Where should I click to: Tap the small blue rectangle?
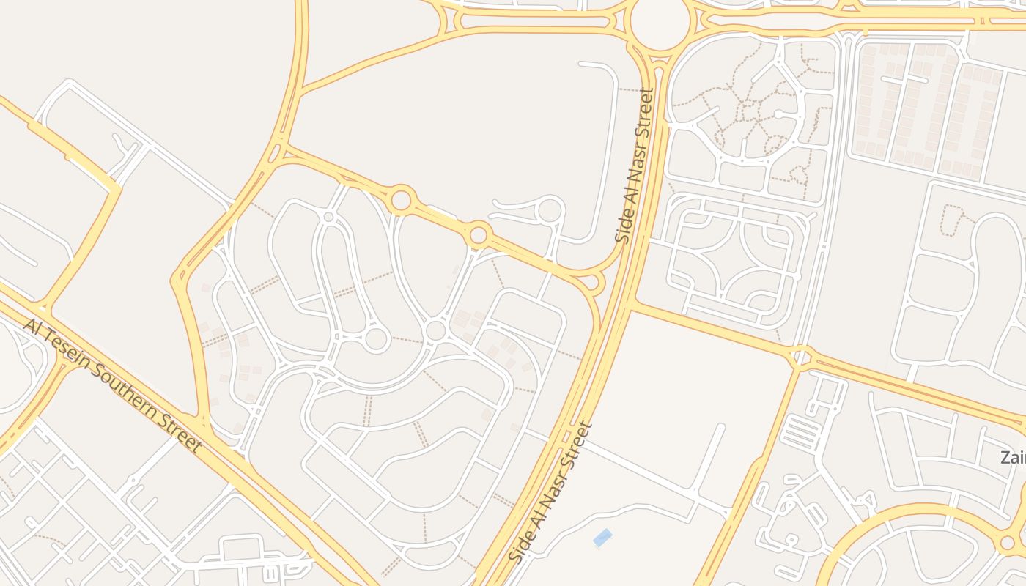[602, 538]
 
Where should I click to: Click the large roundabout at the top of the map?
[660, 24]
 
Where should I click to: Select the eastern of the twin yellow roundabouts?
[479, 235]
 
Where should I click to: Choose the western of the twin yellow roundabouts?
[401, 199]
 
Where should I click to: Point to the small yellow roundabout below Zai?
[1008, 543]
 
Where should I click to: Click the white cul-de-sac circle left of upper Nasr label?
[549, 211]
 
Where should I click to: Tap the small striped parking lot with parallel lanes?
[801, 432]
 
